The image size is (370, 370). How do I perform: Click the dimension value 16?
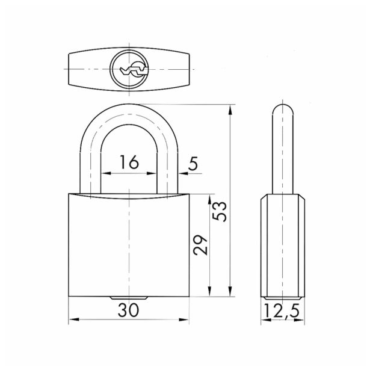(x=129, y=162)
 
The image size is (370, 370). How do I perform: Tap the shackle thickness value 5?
(x=193, y=164)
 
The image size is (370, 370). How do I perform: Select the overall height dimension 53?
(x=220, y=211)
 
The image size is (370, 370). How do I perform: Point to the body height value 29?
(x=200, y=245)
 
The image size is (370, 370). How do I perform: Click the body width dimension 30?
(x=129, y=310)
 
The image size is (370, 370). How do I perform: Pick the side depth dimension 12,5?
(x=282, y=311)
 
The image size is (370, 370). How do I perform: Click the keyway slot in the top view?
(x=134, y=70)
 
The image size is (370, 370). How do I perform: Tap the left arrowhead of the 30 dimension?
(x=73, y=319)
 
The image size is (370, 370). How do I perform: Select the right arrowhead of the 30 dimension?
(x=184, y=319)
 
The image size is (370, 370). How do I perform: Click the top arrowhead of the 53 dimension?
(x=230, y=109)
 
